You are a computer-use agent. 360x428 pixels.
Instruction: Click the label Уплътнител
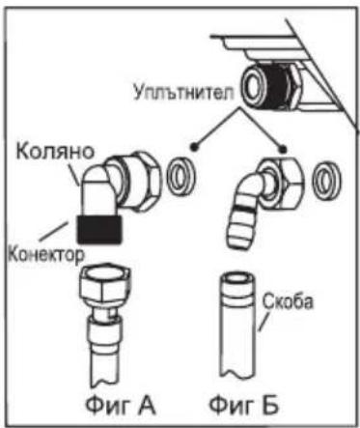[x=183, y=92]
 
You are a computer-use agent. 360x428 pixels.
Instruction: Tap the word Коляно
[x=55, y=151]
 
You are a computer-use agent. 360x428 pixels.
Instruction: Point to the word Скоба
[x=287, y=301]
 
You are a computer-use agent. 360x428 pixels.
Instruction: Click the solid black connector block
[x=99, y=229]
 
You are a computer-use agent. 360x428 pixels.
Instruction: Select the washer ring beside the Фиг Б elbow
[x=327, y=180]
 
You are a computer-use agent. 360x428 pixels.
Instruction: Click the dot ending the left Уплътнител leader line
[x=194, y=147]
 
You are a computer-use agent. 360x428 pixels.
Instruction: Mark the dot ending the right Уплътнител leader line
[x=283, y=148]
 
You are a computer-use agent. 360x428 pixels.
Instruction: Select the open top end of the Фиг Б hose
[x=238, y=277]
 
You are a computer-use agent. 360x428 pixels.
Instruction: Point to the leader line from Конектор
[x=54, y=230]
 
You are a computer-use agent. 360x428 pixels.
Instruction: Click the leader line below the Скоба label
[x=264, y=322]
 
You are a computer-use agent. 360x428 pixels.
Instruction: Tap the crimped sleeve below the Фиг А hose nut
[x=104, y=330]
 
